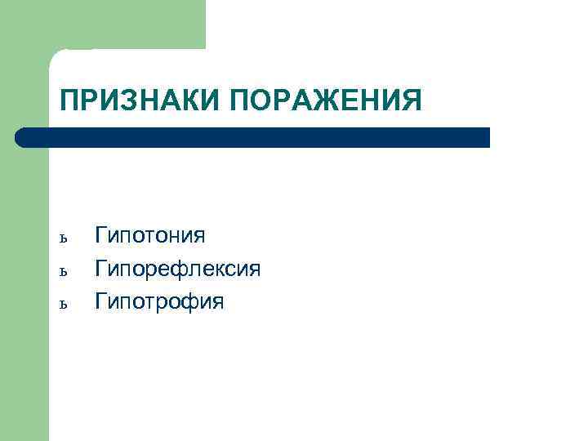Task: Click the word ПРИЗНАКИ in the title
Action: (140, 100)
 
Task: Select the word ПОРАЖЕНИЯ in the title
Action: (326, 100)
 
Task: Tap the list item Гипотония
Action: (150, 237)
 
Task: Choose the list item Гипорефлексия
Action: (178, 269)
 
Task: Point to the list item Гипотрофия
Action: (159, 302)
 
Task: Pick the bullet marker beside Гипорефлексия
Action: (65, 271)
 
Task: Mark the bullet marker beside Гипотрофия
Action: (65, 304)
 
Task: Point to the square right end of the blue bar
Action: (485, 137)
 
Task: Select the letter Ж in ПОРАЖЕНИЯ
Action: (322, 100)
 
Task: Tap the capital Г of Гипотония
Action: (101, 236)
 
